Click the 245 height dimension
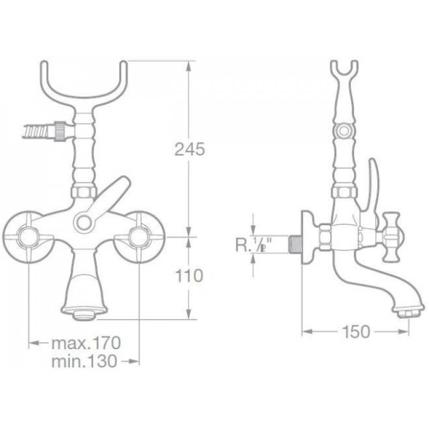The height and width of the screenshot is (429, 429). coord(190,150)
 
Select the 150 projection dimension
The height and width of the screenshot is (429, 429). coord(356,331)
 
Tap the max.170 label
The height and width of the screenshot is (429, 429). coord(86,343)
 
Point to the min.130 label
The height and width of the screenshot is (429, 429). coord(84,361)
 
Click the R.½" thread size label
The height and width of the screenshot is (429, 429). coord(252,245)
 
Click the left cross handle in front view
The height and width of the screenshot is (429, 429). coord(28,238)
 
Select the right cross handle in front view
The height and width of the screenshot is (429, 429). coord(139,238)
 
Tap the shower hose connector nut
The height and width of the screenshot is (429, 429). coord(60,131)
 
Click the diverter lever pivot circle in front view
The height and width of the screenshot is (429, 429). coord(83,222)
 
